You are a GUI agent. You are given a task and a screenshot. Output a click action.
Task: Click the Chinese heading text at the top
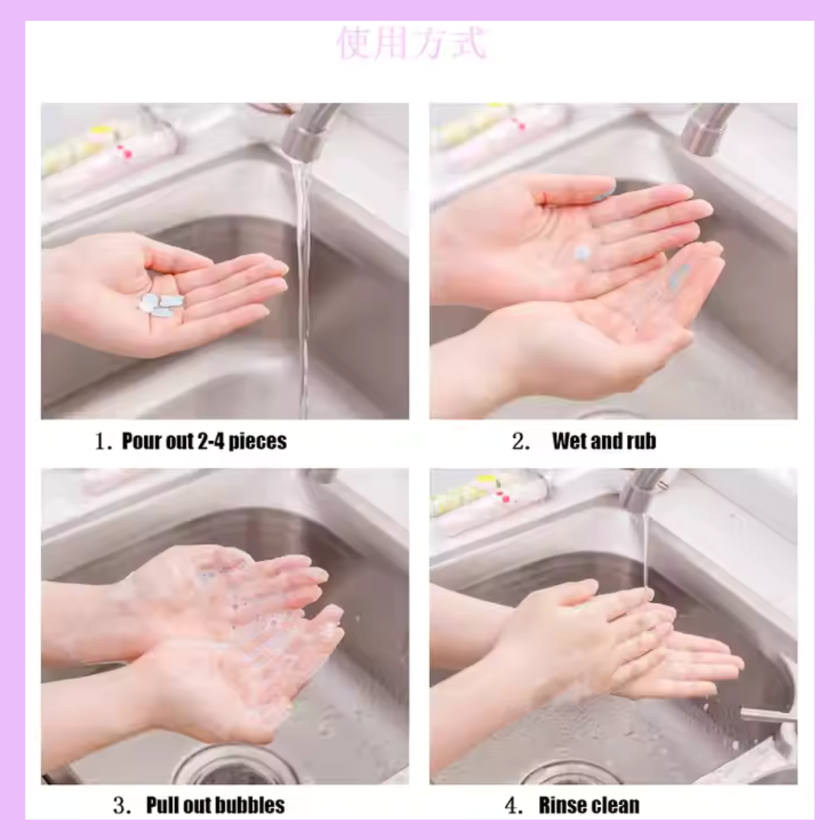411,43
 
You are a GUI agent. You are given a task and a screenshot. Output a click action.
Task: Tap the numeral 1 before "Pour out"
100,442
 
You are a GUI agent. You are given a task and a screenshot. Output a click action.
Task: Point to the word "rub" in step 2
641,442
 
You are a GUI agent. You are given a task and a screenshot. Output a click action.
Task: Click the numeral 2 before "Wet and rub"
518,442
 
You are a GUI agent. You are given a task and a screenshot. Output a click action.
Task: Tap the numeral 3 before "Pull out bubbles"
120,806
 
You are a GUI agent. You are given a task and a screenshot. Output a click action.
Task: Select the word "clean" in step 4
611,805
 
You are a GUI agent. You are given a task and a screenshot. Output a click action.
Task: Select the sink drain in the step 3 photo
236,767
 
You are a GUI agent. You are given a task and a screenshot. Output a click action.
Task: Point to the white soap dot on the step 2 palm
583,253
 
